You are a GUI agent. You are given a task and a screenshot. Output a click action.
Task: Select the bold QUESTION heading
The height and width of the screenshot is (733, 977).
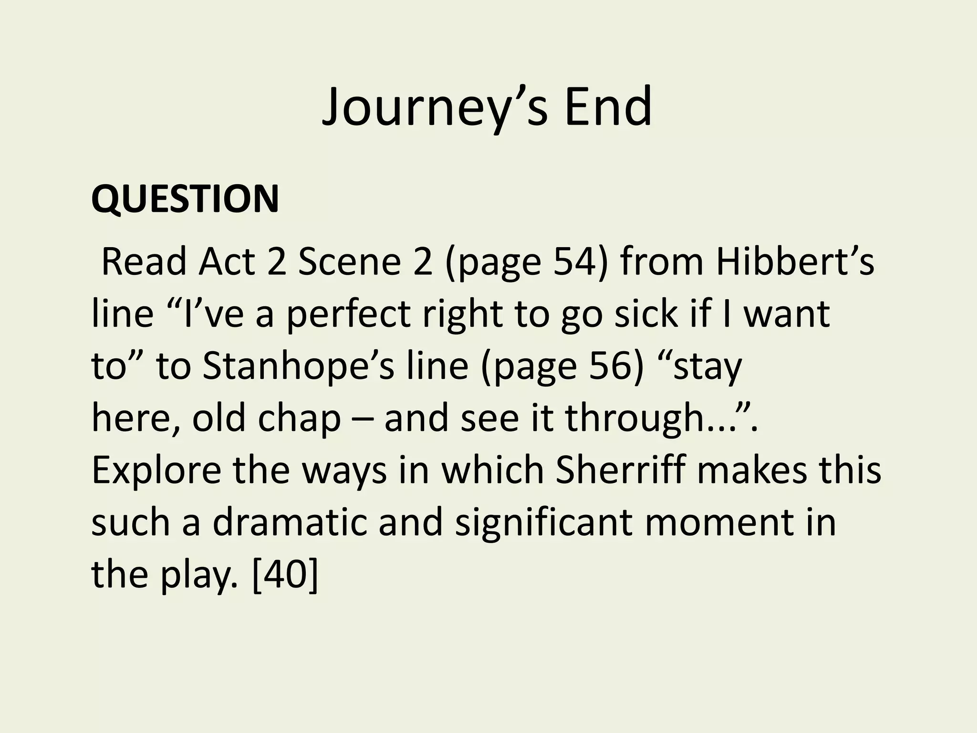pyautogui.click(x=185, y=199)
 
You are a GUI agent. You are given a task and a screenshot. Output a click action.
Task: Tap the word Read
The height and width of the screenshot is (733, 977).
pyautogui.click(x=144, y=262)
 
